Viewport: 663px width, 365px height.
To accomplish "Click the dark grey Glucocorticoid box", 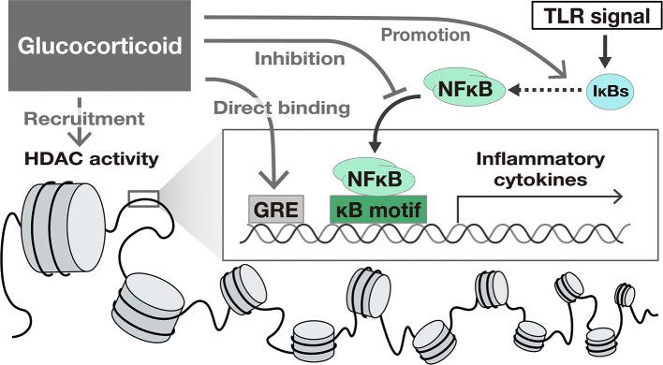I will (x=98, y=43).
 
